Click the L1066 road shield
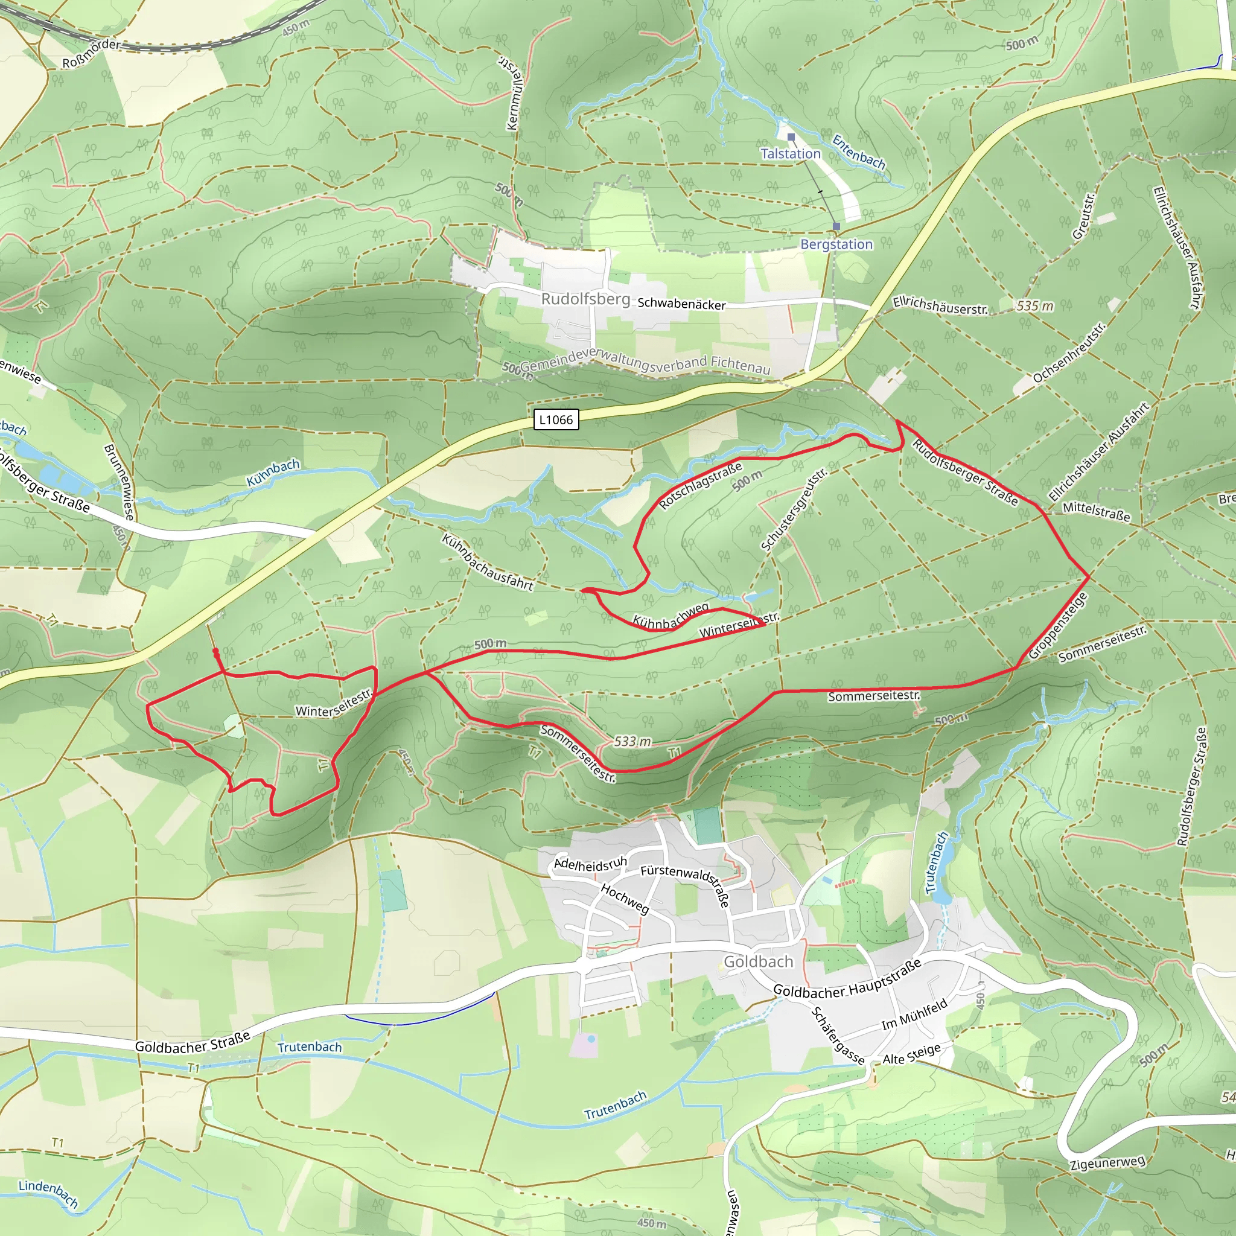(x=555, y=419)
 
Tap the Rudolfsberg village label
(x=585, y=299)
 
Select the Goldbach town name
(x=758, y=961)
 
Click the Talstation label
(x=790, y=153)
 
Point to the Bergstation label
(x=836, y=244)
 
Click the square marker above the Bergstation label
(x=836, y=226)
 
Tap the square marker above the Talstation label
(x=791, y=137)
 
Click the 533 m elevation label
(x=632, y=742)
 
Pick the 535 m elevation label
(x=1034, y=306)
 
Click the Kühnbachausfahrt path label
(x=487, y=563)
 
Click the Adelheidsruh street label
(x=590, y=864)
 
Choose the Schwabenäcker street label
(x=681, y=304)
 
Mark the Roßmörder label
(x=92, y=53)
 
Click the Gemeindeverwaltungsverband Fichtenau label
(x=645, y=363)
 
